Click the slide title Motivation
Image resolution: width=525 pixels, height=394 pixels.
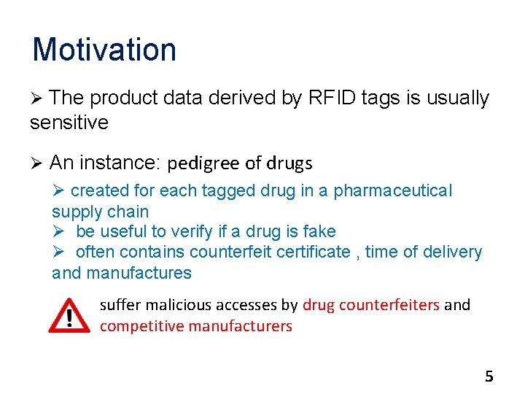(x=104, y=50)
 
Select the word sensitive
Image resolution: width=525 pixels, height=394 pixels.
(x=69, y=123)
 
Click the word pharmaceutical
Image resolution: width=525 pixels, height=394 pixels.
(x=393, y=191)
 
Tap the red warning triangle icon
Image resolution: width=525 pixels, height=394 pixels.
(x=69, y=315)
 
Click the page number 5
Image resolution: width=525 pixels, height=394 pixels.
(x=489, y=376)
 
